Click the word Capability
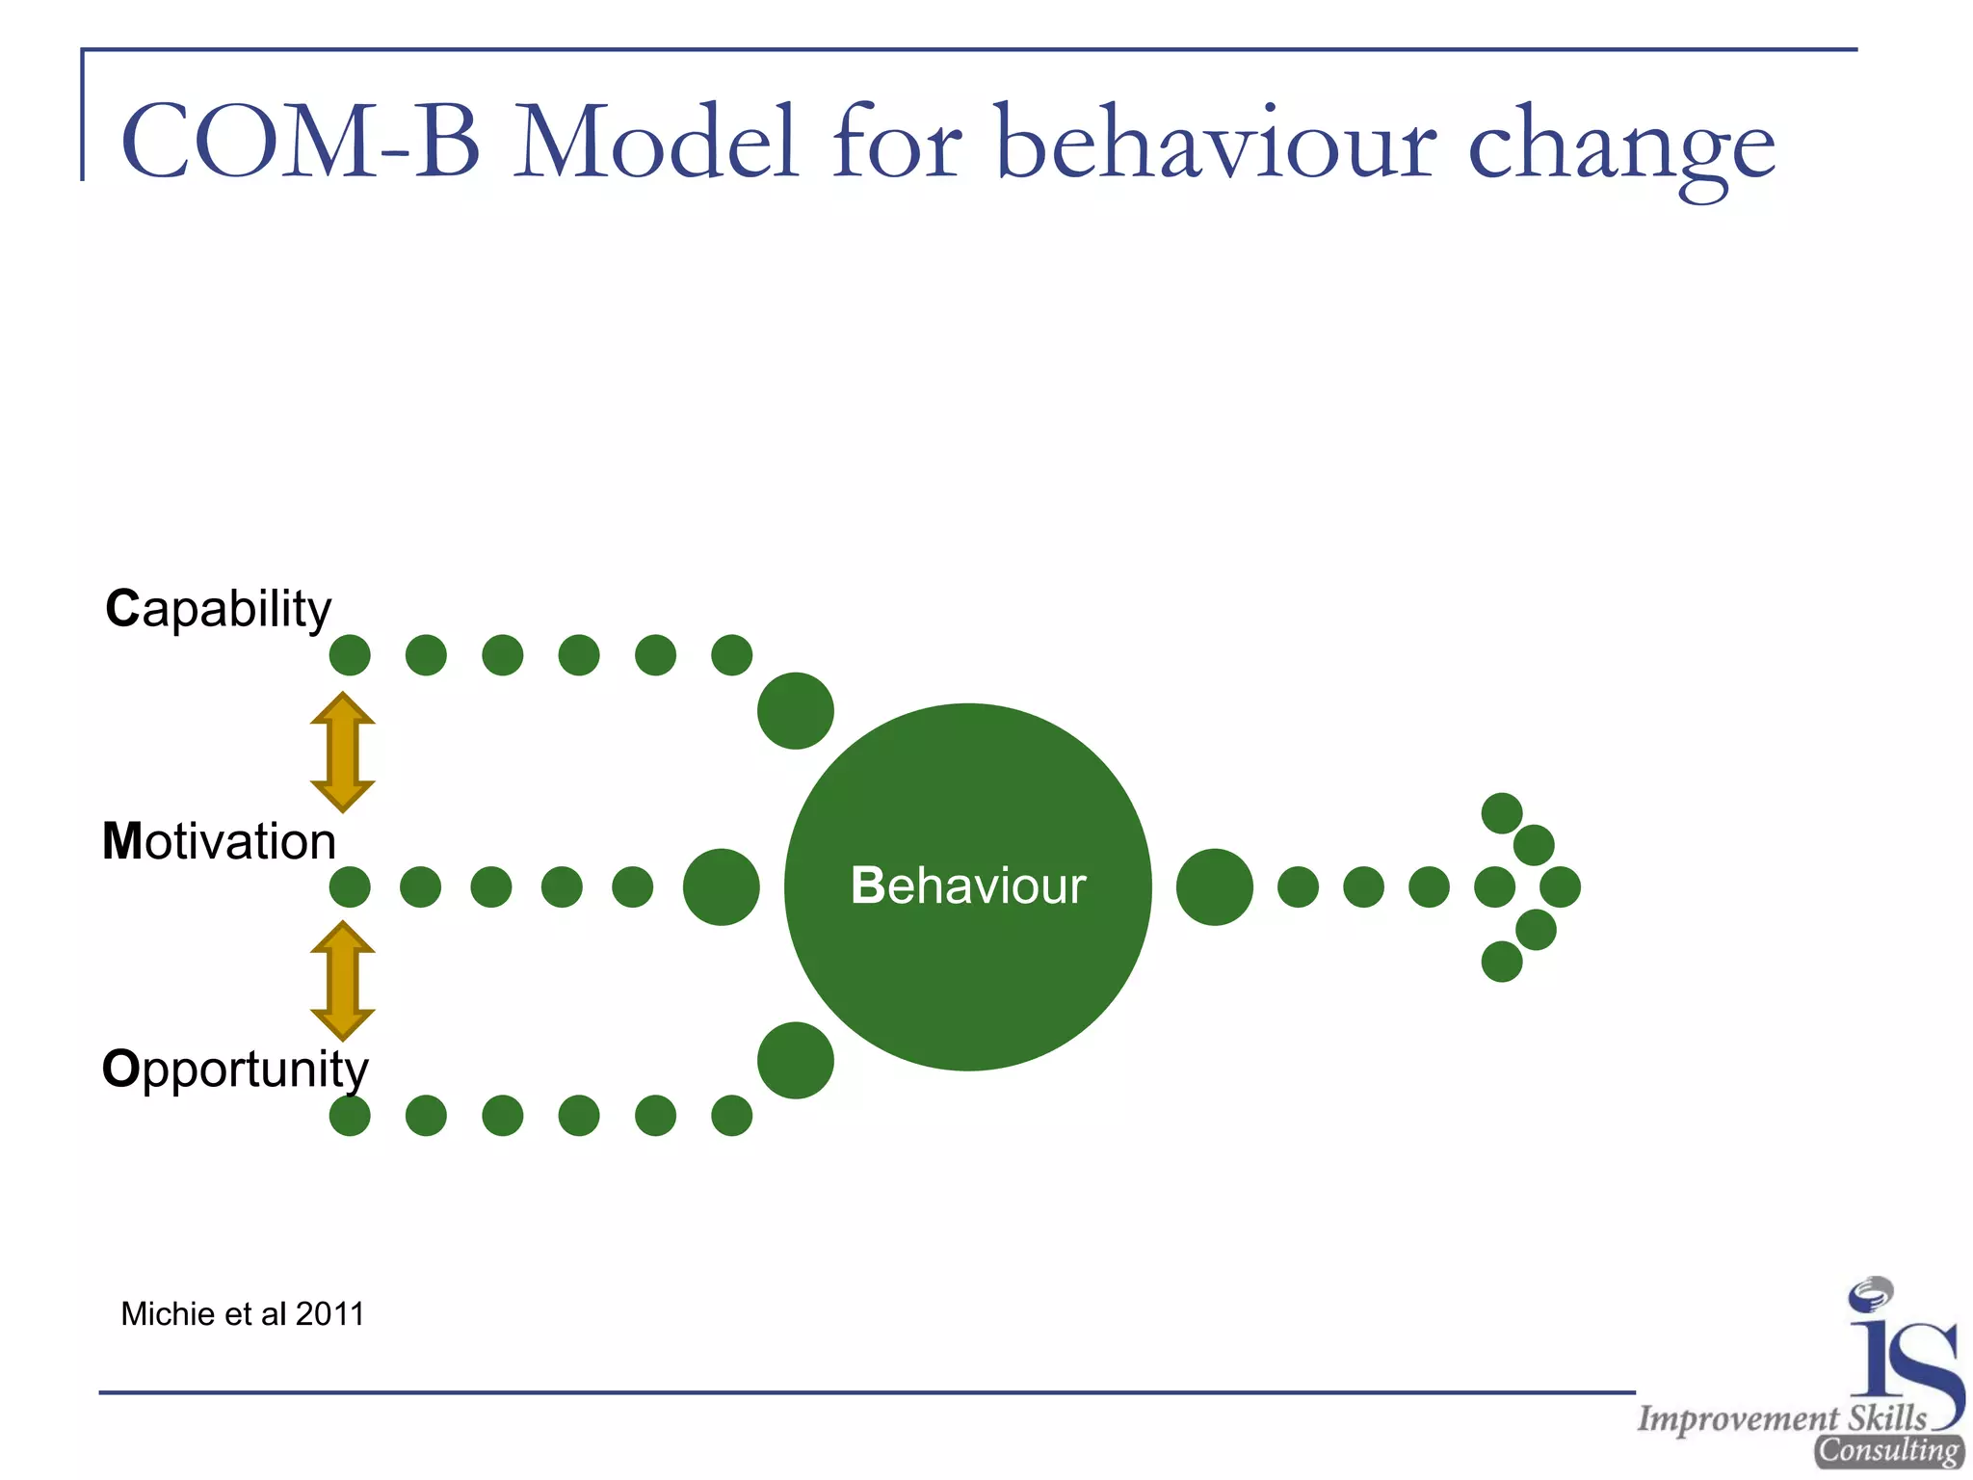(x=219, y=609)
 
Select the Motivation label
(x=220, y=841)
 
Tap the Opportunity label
(x=235, y=1070)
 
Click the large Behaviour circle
(x=967, y=886)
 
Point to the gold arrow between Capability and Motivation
(x=342, y=752)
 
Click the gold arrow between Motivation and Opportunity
(x=342, y=981)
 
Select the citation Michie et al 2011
(x=243, y=1314)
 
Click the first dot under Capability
(x=350, y=655)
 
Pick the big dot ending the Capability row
(x=795, y=711)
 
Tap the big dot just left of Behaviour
(x=721, y=886)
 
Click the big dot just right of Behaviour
(x=1215, y=886)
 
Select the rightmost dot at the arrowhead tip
(x=1560, y=886)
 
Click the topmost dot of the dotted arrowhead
(x=1501, y=813)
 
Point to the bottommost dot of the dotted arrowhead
(x=1501, y=962)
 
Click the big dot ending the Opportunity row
(x=795, y=1060)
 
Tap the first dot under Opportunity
(x=350, y=1116)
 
